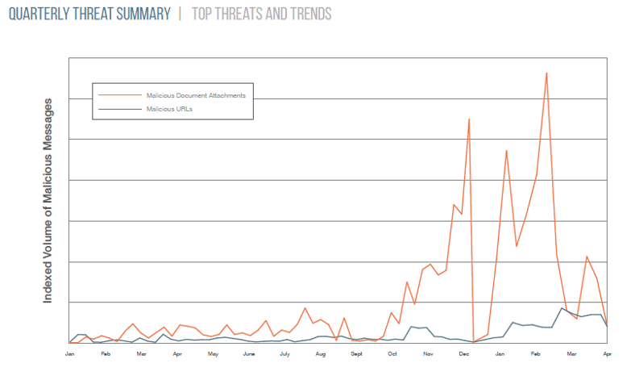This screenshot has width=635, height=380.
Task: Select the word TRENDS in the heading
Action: tap(306, 15)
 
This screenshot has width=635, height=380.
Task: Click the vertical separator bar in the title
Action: tap(181, 15)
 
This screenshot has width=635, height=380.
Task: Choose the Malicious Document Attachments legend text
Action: tap(196, 95)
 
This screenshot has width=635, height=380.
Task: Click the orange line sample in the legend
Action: tap(118, 95)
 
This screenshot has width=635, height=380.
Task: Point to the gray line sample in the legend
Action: tap(118, 108)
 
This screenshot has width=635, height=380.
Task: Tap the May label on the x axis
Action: tap(213, 353)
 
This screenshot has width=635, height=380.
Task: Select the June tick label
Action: tap(249, 353)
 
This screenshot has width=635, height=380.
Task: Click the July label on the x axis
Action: tap(284, 353)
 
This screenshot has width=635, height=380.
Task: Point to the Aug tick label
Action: tap(321, 353)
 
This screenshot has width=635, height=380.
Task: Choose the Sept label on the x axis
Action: tap(356, 353)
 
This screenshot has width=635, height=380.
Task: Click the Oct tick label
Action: tap(392, 353)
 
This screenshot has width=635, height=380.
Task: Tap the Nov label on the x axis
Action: tap(428, 353)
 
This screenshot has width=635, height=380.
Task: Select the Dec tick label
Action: tap(464, 353)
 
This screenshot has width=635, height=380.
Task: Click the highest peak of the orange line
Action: tap(546, 73)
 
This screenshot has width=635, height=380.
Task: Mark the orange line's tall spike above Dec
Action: tap(469, 119)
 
